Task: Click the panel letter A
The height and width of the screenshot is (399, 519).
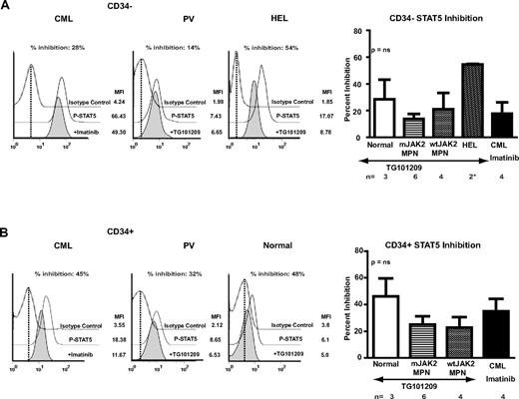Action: click(8, 8)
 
